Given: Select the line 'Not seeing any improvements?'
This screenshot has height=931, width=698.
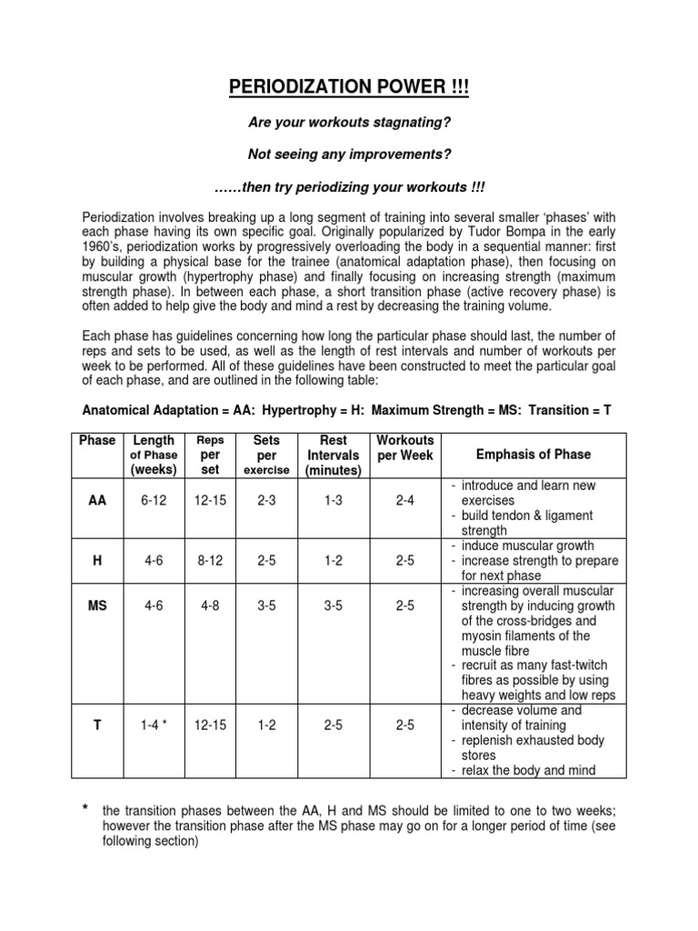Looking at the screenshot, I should (349, 155).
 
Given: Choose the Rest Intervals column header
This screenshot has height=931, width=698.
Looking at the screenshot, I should (334, 455).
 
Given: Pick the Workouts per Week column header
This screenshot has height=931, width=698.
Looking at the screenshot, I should (405, 447).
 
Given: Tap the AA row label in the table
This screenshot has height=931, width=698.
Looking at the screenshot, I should (97, 501).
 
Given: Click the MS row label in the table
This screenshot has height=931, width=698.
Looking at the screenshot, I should (97, 606).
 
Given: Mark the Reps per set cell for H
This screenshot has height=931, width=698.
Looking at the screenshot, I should (210, 561).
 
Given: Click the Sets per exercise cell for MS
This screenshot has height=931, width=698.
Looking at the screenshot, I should (267, 606).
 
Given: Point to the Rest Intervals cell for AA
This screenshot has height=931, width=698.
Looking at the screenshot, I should (334, 501).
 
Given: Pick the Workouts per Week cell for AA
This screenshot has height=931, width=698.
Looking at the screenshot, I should (405, 501).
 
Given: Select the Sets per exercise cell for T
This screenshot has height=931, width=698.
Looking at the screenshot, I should (267, 725).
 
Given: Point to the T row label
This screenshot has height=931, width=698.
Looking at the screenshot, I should (97, 725).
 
